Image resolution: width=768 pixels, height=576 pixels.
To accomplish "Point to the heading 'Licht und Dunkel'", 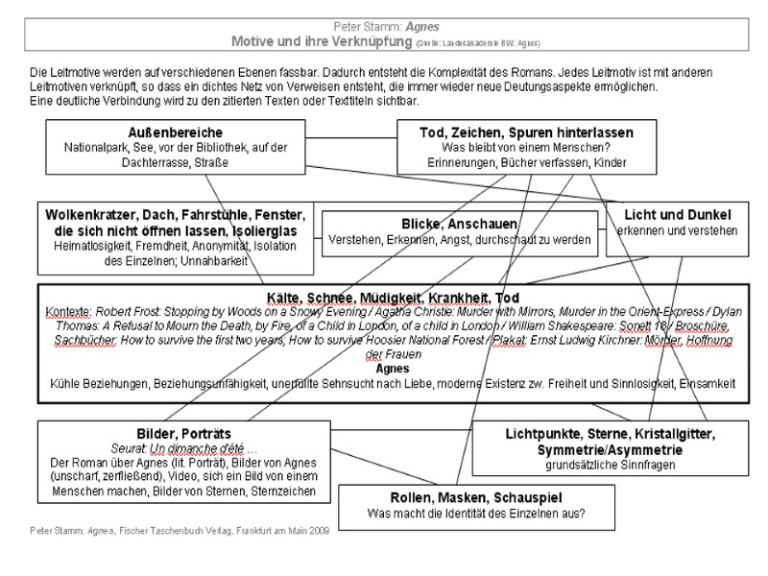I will coord(678,214).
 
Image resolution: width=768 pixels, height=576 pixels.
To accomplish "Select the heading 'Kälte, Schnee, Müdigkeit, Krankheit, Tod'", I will coord(388,299).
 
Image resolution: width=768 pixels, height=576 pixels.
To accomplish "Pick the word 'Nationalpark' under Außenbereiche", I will coord(96,149).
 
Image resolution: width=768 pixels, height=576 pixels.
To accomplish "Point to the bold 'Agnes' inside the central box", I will coord(387,368).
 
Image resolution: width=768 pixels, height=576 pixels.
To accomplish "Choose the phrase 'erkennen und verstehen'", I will coord(677,230).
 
